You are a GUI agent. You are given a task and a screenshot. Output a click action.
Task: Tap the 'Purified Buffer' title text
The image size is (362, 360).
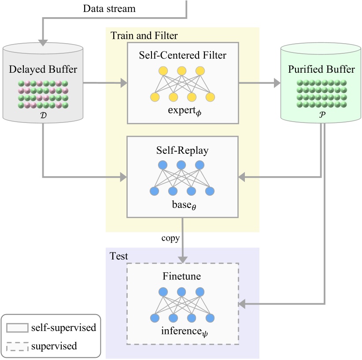click(321, 70)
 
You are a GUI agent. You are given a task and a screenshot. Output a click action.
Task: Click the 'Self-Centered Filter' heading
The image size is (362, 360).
click(182, 55)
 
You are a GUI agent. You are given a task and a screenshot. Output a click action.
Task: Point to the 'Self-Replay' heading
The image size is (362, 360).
click(182, 150)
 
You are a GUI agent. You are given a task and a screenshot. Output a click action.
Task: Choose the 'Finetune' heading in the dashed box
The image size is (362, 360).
click(182, 277)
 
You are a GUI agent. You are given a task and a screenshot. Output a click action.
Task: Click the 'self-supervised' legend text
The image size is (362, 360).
click(63, 328)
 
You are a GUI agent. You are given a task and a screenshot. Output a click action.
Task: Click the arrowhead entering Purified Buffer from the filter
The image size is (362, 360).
click(277, 82)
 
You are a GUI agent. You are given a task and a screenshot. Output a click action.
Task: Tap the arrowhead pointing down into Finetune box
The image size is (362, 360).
click(182, 259)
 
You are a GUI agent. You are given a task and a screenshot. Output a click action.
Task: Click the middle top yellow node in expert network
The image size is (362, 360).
click(182, 71)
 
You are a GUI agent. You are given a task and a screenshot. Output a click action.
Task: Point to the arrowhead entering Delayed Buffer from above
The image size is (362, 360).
click(43, 42)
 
